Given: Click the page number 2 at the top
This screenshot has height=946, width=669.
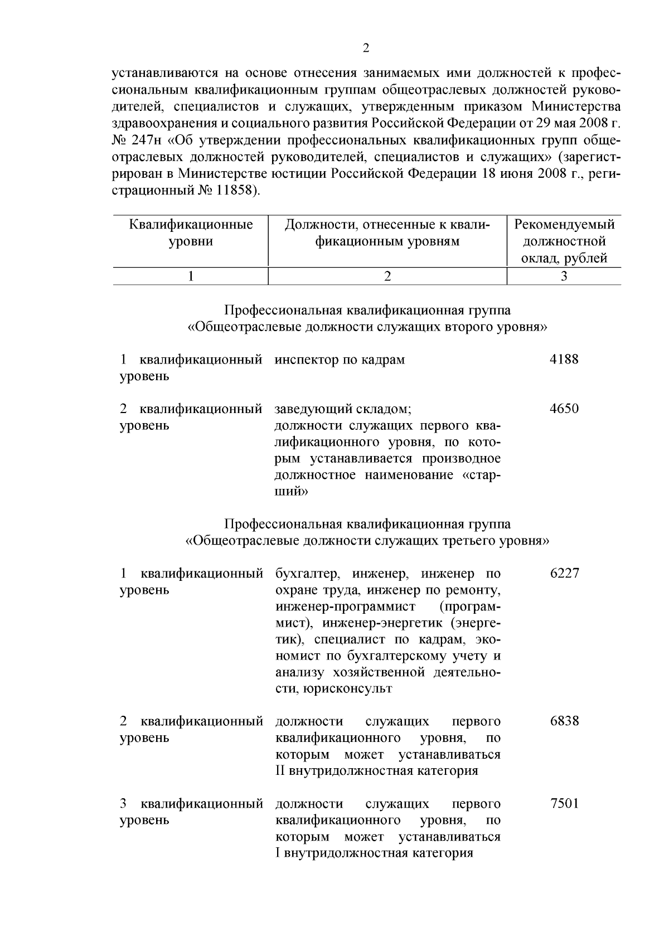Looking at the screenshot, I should coord(366,48).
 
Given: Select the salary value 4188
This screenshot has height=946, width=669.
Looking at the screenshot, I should coord(564,360).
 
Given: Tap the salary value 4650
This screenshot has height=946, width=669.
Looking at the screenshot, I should coord(564,409).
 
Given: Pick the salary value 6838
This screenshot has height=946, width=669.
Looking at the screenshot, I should coord(564,721).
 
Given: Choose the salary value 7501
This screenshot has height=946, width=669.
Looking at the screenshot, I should coord(564,804).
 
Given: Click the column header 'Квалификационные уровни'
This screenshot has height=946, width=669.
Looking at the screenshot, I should coord(191,233).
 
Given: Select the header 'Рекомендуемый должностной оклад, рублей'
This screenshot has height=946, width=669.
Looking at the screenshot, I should coord(564,241).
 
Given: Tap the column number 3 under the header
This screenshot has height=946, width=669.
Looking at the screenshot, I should coord(564,276).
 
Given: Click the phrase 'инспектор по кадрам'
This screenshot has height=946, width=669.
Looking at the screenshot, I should coord(340,360).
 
